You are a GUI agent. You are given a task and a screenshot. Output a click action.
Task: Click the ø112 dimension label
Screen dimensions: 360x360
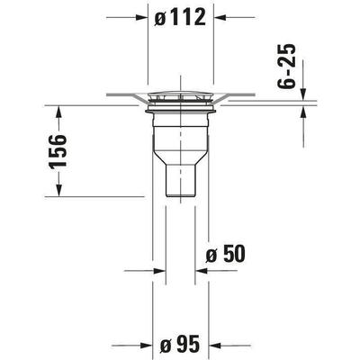click(180, 17)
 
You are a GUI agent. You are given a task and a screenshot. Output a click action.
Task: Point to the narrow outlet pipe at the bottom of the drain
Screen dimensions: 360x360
click(180, 184)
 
